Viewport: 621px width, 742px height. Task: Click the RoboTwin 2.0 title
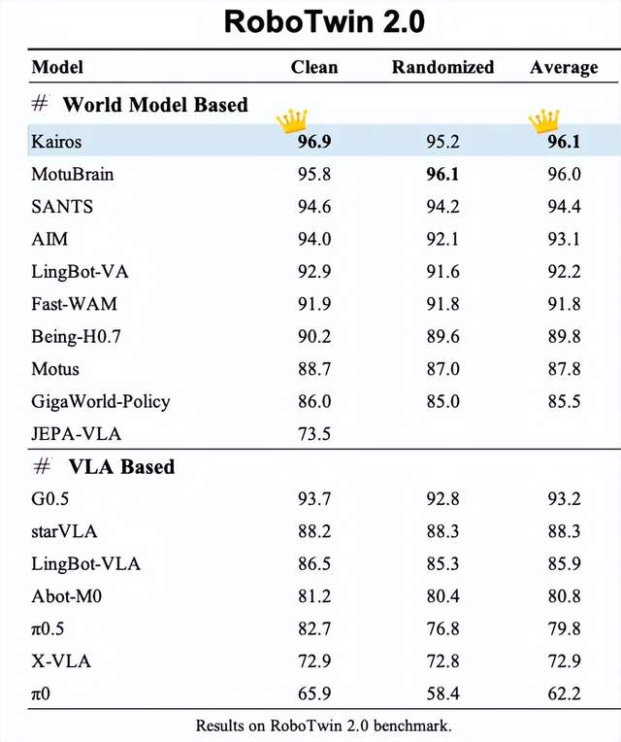click(x=324, y=21)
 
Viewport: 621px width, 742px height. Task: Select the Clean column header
click(x=314, y=67)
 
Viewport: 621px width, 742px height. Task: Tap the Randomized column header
click(x=442, y=67)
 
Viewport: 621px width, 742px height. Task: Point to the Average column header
click(x=564, y=68)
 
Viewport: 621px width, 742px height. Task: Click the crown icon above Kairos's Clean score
click(x=292, y=120)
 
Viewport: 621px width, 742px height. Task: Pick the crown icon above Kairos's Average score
click(x=544, y=120)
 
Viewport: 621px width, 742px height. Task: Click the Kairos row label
click(x=56, y=142)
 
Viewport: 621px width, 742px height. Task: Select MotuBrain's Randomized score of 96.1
click(x=442, y=174)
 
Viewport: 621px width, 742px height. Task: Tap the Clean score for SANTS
click(x=314, y=207)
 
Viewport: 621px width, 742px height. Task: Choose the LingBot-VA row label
click(x=80, y=272)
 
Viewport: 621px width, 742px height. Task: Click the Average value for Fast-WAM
click(x=565, y=304)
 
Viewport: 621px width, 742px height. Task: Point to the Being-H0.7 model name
click(x=76, y=336)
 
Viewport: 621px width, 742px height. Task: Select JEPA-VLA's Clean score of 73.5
click(x=314, y=434)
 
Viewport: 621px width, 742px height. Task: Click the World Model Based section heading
click(x=155, y=105)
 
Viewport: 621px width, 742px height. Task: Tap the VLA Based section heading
click(x=122, y=466)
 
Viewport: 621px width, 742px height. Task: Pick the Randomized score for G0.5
click(x=442, y=499)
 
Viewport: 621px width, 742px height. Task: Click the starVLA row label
click(x=64, y=531)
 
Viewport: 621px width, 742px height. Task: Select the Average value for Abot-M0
click(x=565, y=596)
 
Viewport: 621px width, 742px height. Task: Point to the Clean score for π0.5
click(x=314, y=629)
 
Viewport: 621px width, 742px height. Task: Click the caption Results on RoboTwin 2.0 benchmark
click(x=324, y=725)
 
